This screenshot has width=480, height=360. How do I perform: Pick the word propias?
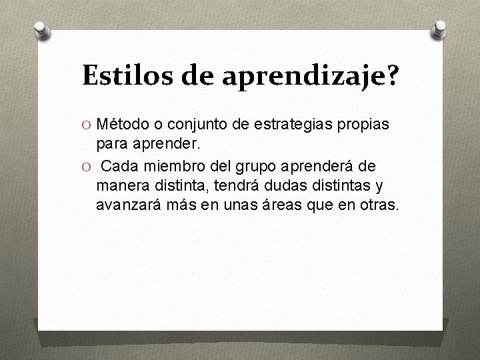(x=367, y=125)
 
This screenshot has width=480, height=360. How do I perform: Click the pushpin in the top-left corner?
(x=41, y=29)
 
